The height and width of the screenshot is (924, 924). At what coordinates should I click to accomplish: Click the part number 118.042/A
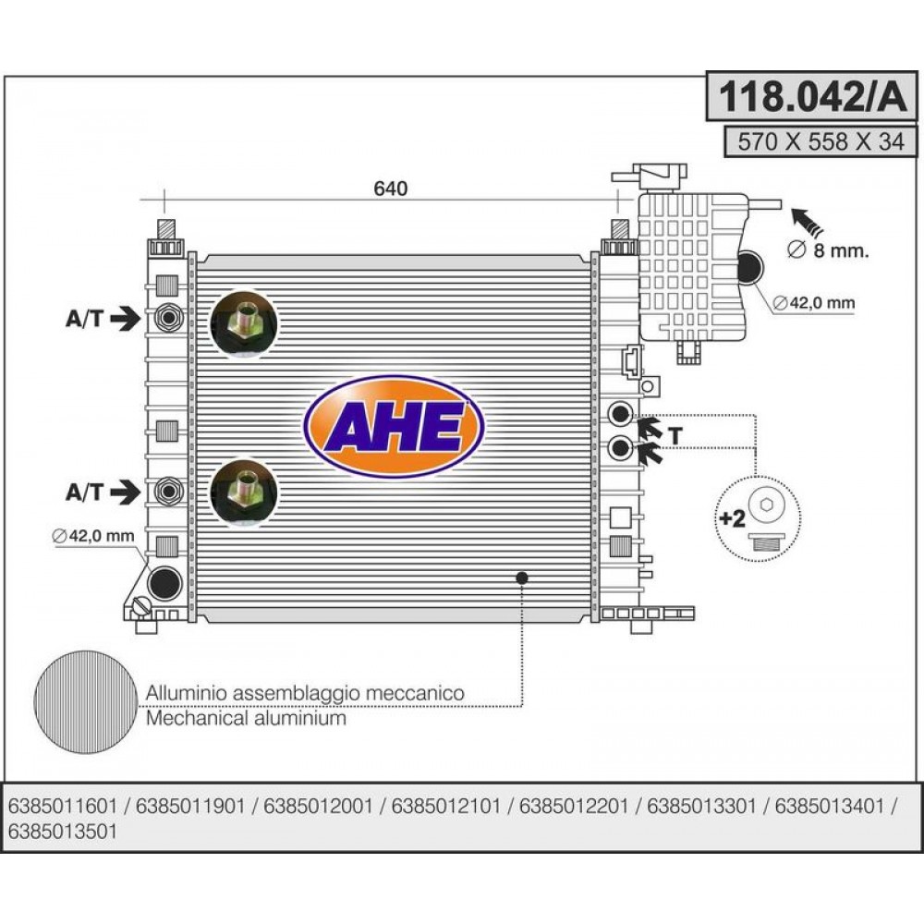click(x=812, y=96)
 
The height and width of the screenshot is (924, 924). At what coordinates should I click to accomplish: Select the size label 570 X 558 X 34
click(x=821, y=141)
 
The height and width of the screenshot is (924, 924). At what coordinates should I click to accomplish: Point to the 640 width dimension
click(x=390, y=188)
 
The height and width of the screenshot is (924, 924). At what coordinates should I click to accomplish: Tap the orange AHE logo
click(x=394, y=426)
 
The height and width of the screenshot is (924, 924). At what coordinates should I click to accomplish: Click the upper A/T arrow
click(x=126, y=318)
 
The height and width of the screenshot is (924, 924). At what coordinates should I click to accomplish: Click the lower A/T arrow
click(x=126, y=491)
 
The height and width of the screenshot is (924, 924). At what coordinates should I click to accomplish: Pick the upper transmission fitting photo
click(x=243, y=323)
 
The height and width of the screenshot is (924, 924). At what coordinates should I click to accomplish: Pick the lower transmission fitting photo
click(x=243, y=492)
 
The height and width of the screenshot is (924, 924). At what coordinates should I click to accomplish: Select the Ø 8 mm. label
click(x=828, y=250)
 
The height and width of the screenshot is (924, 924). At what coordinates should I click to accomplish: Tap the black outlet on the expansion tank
click(x=750, y=267)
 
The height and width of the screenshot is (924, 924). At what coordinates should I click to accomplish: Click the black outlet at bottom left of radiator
click(x=164, y=583)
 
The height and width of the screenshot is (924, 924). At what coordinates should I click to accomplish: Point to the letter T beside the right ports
click(x=675, y=435)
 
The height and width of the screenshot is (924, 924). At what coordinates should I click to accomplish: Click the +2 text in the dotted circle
click(x=733, y=518)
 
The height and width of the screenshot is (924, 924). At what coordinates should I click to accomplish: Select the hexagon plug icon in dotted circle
click(x=765, y=505)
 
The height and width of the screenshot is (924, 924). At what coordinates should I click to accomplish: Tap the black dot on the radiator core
click(x=521, y=578)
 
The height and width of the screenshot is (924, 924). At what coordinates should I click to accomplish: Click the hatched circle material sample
click(x=86, y=702)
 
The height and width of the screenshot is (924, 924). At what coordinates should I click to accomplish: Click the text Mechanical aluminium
click(x=246, y=718)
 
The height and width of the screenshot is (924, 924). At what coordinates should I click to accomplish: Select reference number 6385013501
click(x=63, y=832)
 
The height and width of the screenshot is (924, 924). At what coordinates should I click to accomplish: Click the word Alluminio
click(x=187, y=693)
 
